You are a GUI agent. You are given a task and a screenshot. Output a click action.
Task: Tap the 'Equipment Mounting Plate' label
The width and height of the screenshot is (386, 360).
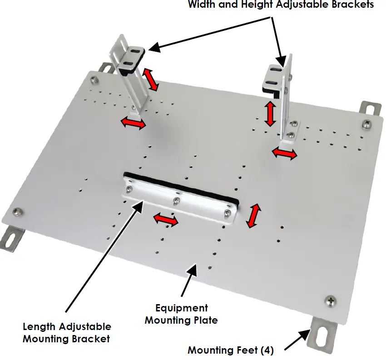(181, 314)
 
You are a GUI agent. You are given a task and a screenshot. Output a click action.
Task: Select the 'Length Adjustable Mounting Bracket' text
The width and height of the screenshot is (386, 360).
(67, 332)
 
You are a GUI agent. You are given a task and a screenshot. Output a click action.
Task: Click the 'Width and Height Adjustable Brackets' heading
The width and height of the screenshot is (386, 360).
(281, 5)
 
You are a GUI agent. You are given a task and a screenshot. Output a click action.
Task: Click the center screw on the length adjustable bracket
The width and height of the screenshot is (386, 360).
(175, 200)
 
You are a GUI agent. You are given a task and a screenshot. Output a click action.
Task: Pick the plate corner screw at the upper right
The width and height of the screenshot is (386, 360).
(366, 123)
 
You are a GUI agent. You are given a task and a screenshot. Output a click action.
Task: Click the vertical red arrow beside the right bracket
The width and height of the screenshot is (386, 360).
(270, 113)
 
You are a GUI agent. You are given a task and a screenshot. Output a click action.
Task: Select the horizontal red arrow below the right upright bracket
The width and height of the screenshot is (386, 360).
(285, 154)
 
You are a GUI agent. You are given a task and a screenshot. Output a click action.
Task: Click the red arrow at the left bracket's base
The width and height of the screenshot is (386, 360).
(134, 123)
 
